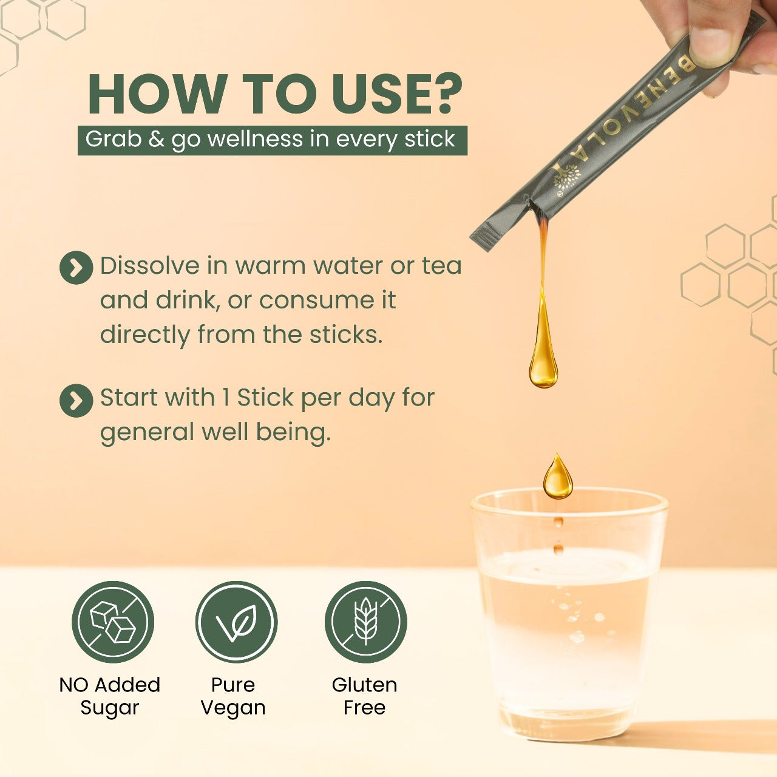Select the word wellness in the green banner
(255, 139)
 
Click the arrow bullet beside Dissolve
(76, 267)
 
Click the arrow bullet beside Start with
(76, 400)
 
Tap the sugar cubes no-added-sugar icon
(113, 622)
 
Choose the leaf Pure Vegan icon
(236, 622)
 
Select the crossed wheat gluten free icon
(365, 622)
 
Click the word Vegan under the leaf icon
(233, 708)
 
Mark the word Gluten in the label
(364, 685)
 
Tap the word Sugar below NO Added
(110, 708)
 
